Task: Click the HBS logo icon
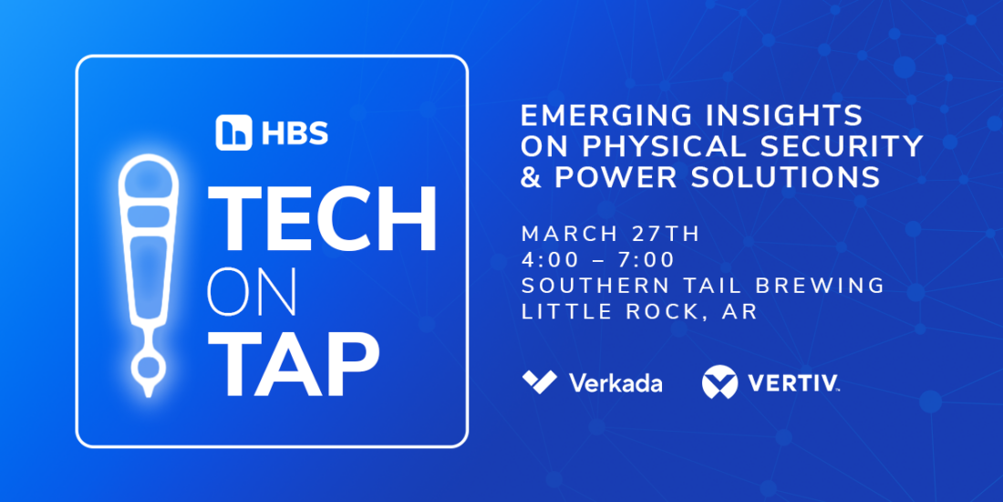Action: coord(233,132)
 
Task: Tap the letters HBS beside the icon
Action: coord(295,133)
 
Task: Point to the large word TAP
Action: coord(294,363)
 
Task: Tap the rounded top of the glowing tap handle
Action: coord(149,176)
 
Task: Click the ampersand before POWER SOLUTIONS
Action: coord(531,177)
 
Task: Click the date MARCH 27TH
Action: coord(612,234)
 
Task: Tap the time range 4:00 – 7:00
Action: coord(598,260)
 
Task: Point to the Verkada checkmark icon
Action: coord(539,382)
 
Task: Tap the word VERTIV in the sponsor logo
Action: coord(792,382)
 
